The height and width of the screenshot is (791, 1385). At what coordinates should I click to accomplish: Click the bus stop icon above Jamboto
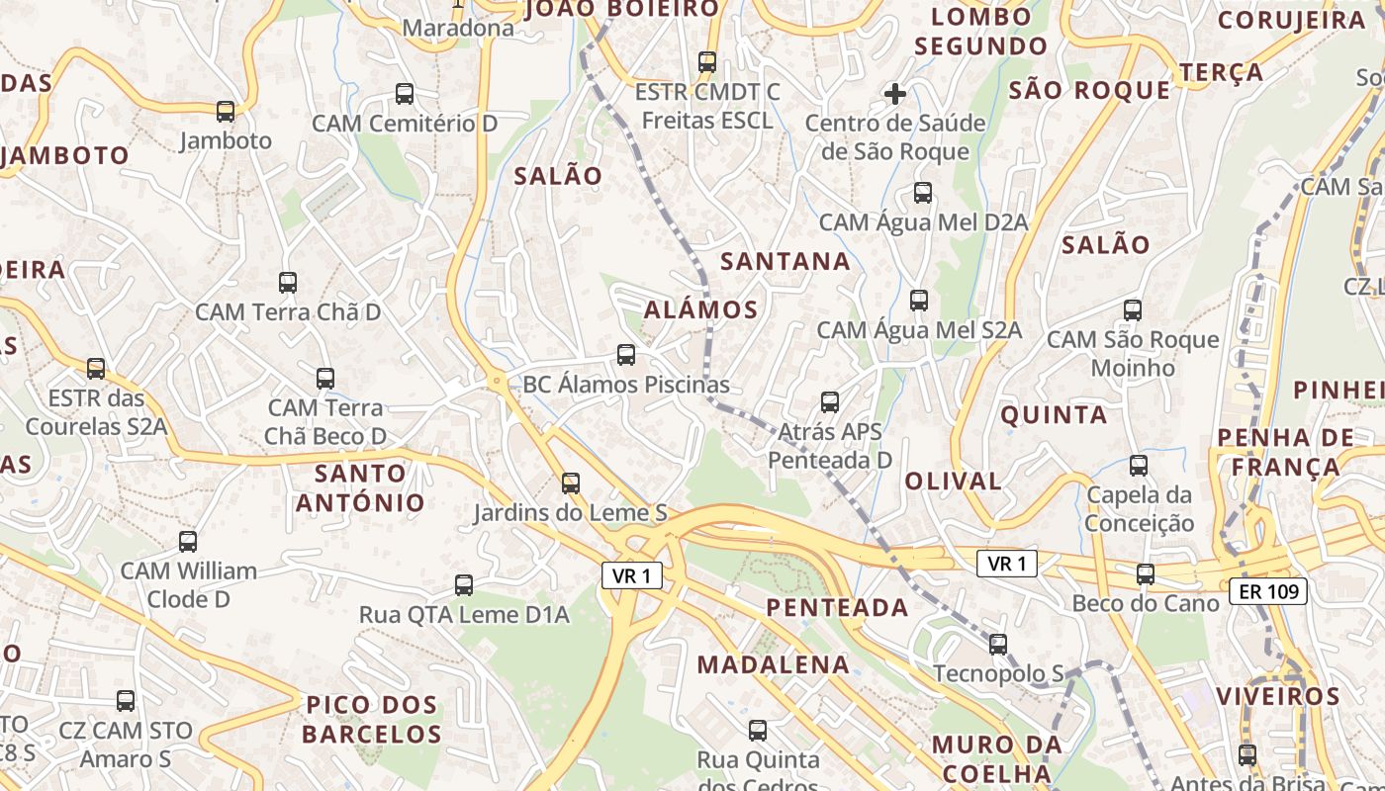point(226,112)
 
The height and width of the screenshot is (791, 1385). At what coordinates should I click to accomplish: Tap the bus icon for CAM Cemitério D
point(405,94)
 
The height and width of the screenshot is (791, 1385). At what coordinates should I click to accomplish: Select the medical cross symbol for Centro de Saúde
point(895,94)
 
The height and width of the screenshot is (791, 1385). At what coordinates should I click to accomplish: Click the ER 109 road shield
point(1268,592)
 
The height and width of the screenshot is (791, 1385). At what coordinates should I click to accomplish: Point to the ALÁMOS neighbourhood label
point(700,309)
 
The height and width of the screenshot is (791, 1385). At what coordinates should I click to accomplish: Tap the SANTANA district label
point(785,261)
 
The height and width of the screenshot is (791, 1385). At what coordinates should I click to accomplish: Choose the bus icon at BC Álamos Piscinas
point(626,354)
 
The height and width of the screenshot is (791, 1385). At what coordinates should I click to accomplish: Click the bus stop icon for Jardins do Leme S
point(571,483)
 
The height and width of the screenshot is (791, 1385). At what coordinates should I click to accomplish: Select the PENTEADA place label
point(837,607)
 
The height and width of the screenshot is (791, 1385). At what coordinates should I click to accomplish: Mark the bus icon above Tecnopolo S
point(998,645)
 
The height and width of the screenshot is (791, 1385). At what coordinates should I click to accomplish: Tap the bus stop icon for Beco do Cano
point(1146,573)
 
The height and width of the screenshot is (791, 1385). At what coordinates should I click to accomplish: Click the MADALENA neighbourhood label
point(773,664)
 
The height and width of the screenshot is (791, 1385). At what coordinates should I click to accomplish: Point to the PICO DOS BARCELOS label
point(371,720)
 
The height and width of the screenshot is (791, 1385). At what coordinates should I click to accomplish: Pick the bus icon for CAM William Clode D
point(188,542)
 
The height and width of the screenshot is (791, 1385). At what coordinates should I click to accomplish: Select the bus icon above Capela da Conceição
point(1139,465)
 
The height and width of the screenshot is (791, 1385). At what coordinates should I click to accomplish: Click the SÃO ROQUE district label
point(1089,91)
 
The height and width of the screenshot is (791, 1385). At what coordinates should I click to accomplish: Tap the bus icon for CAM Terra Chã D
point(288,283)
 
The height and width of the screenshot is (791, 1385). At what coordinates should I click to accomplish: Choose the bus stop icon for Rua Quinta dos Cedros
point(758,731)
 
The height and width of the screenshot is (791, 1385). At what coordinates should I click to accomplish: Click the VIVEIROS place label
point(1277,696)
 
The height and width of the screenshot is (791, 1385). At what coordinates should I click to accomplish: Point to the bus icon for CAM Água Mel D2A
point(923,193)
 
